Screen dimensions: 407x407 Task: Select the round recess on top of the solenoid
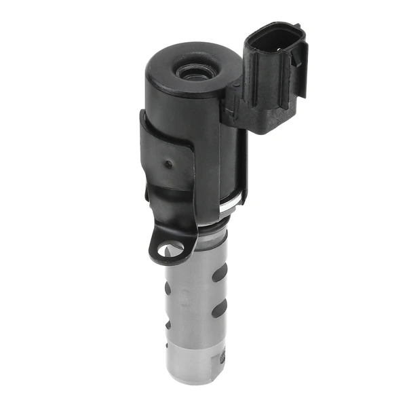pyautogui.click(x=195, y=70)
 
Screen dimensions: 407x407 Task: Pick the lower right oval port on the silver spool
pyautogui.click(x=219, y=311)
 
